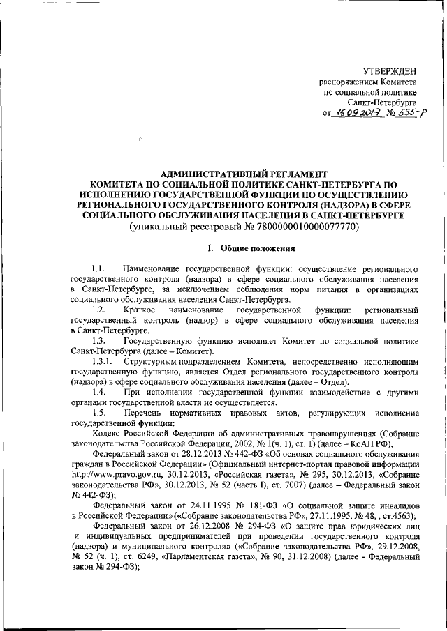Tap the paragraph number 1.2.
[x=98, y=308]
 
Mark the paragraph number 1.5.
[x=98, y=414]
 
